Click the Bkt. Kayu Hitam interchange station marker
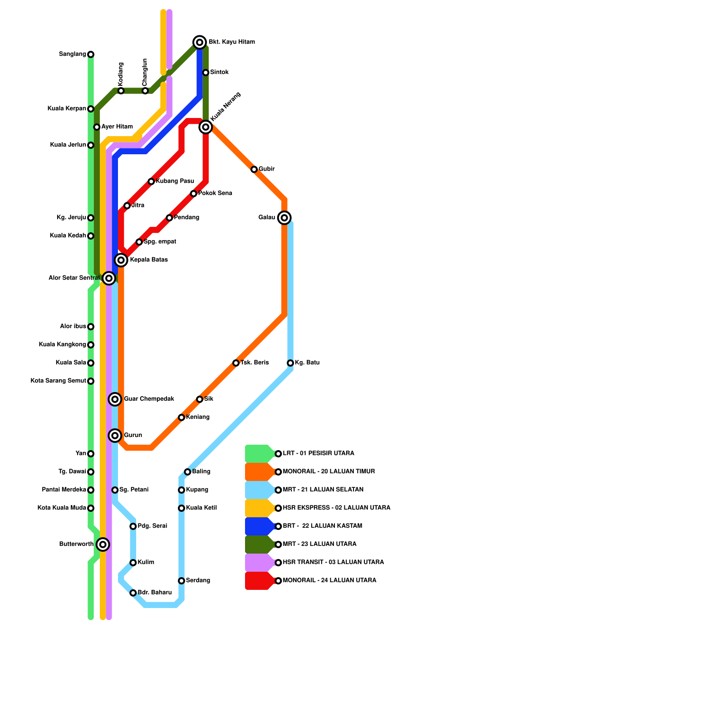200,42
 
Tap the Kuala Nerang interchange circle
206,127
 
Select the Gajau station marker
285,218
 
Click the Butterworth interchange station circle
103,544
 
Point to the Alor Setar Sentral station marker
109,278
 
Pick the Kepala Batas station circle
121,260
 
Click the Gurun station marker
115,436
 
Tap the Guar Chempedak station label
149,399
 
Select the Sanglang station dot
91,54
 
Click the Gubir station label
266,169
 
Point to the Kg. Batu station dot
290,363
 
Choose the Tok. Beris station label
254,363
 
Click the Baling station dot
187,472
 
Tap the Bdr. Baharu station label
154,593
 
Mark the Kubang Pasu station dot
151,181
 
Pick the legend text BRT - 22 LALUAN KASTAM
322,526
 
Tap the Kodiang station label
121,74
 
